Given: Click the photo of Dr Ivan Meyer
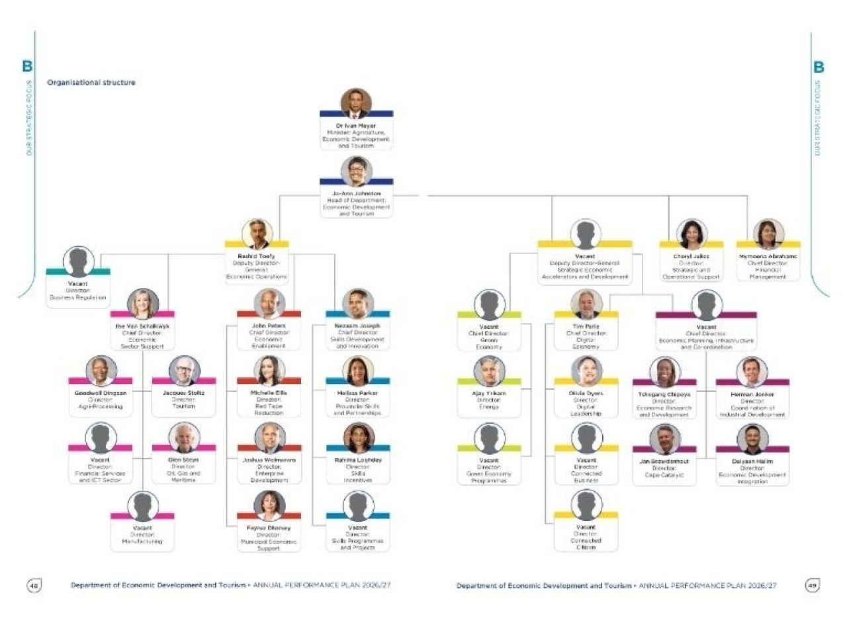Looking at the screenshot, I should (356, 103).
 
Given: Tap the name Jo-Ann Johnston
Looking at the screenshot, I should (356, 193).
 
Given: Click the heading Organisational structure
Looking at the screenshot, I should (91, 83).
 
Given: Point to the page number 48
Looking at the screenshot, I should (34, 585).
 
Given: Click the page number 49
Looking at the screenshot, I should (812, 585).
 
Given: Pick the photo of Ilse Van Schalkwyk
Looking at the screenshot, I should (143, 304).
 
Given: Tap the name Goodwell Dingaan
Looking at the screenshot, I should (101, 393).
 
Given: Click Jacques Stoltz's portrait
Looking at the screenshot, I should (184, 371).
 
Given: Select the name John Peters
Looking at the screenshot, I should (269, 326).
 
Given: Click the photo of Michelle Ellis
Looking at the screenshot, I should (269, 371).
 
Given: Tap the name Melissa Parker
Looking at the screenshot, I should (357, 393).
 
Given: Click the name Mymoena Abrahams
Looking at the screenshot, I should (768, 256).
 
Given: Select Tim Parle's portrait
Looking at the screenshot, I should (586, 304).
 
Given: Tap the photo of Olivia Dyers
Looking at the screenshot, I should (586, 371).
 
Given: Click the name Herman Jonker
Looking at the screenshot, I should (752, 394).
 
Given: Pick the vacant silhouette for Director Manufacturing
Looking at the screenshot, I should (142, 506).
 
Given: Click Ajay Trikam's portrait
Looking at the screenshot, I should (489, 371).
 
